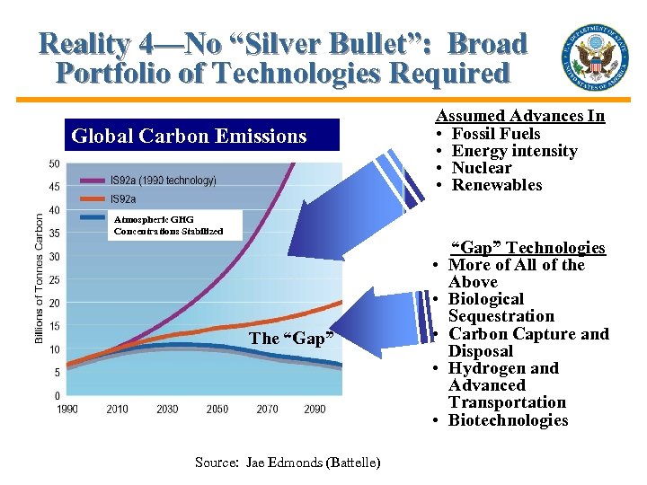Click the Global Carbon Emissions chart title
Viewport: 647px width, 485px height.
coord(189,137)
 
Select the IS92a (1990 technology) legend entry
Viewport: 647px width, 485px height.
coord(162,180)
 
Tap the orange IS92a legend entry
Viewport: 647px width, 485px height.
coord(125,198)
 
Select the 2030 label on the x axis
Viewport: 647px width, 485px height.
coord(167,410)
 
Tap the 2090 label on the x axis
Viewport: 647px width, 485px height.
coord(315,410)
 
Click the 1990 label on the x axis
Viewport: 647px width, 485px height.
coord(67,410)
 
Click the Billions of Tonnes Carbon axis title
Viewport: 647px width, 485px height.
coord(40,279)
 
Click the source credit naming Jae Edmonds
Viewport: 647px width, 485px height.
coord(287,463)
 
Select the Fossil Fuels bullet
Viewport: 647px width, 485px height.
coord(495,134)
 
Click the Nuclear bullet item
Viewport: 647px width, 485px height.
coord(481,168)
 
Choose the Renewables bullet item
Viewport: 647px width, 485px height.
coord(496,185)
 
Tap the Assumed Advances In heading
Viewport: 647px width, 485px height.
coord(519,116)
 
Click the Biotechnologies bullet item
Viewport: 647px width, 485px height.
coord(508,420)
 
